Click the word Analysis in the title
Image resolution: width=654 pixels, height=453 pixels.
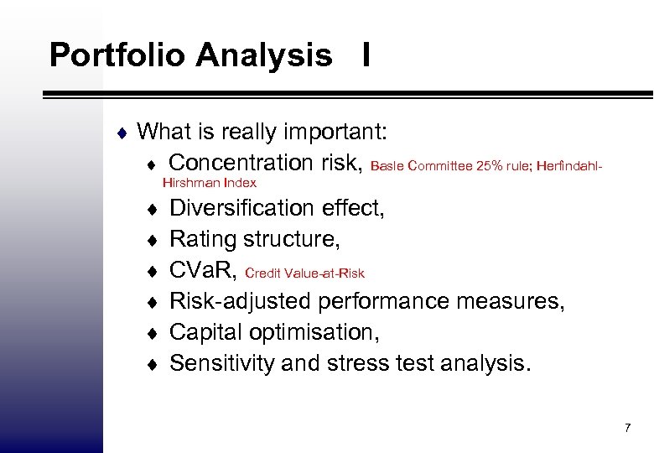(264, 56)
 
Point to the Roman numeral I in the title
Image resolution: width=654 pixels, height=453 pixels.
(366, 56)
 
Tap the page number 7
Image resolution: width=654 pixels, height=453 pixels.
(626, 429)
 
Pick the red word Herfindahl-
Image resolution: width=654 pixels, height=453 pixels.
(568, 166)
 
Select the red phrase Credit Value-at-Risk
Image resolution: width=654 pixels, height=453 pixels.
(304, 273)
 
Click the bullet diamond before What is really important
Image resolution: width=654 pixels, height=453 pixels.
(122, 133)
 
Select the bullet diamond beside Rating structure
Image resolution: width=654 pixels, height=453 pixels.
(152, 240)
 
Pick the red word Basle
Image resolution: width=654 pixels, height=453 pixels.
(387, 166)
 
